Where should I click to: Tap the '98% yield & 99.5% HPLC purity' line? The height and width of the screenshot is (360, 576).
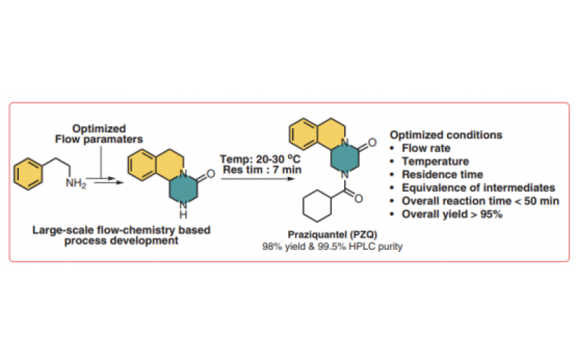pyautogui.click(x=332, y=248)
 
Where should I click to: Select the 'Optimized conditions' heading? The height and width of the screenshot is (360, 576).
pyautogui.click(x=446, y=135)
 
